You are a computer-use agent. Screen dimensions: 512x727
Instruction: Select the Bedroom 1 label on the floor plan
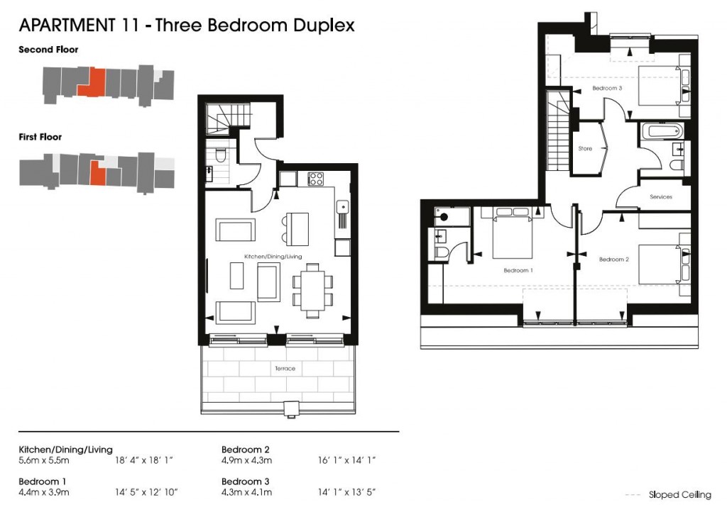pos(518,270)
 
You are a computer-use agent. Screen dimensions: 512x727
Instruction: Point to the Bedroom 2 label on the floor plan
pos(613,260)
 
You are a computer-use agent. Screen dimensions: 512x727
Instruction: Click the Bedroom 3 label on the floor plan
pos(607,89)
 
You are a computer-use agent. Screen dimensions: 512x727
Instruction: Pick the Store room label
pos(585,149)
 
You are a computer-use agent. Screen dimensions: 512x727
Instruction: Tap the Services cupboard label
pos(660,196)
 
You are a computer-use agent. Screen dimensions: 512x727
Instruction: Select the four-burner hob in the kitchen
pos(316,179)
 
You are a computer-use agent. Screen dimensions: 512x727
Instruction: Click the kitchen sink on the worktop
pos(342,206)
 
